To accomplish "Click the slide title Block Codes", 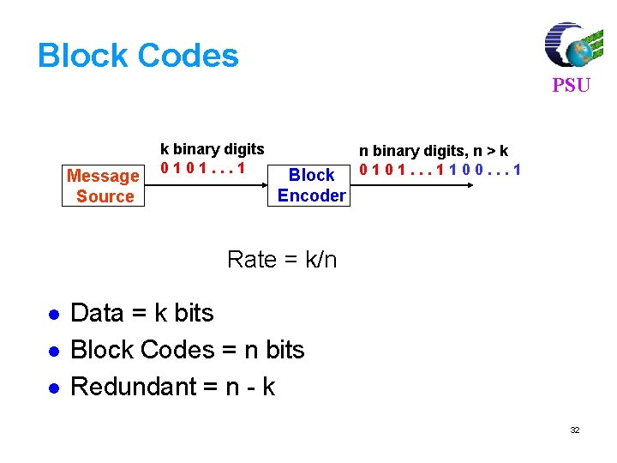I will click(138, 56).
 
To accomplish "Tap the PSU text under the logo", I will click(571, 86).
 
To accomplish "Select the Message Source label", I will click(104, 186).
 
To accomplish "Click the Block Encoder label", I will click(311, 185).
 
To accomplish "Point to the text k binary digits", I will click(213, 149).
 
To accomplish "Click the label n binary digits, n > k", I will click(434, 152).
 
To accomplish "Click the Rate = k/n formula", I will click(282, 259).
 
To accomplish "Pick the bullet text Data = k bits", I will click(141, 313).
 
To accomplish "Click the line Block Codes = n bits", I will click(187, 350).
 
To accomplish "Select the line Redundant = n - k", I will click(172, 387).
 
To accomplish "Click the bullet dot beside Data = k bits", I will click(52, 315).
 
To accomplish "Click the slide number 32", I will click(575, 430).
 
